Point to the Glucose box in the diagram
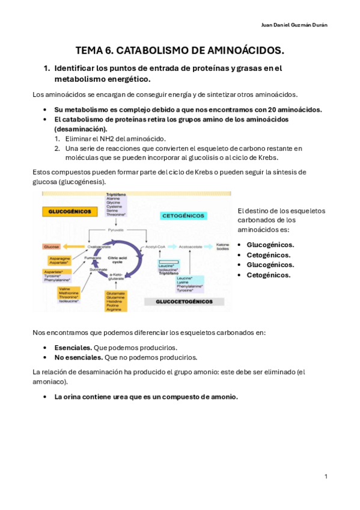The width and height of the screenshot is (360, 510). [50, 246]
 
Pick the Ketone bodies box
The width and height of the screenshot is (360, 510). [222, 246]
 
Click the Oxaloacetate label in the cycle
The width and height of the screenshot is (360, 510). [97, 246]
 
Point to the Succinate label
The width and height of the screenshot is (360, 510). [99, 270]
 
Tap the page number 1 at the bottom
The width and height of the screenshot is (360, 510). [326, 476]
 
